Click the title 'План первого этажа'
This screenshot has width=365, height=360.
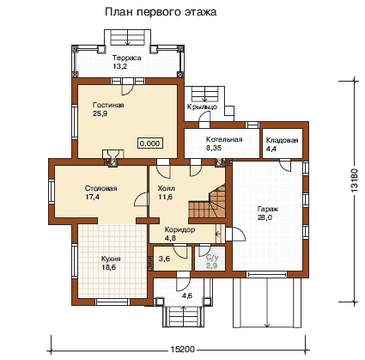tap(161, 12)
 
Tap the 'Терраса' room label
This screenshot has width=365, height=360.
tap(127, 58)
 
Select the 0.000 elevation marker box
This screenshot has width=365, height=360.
tap(150, 143)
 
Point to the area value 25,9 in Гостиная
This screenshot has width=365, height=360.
tap(100, 113)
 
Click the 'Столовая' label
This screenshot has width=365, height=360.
tap(100, 188)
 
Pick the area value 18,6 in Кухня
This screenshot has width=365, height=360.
tap(109, 267)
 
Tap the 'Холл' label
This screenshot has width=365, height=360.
tap(167, 188)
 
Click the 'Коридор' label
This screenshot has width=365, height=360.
tap(179, 229)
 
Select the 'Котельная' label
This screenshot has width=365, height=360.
tap(224, 139)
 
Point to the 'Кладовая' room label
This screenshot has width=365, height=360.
tap(282, 140)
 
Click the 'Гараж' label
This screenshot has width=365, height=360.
tap(267, 209)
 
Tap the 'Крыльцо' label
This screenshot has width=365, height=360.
tap(202, 107)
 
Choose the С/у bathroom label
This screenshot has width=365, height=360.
tap(212, 258)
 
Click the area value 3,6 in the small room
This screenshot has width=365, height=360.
tap(164, 259)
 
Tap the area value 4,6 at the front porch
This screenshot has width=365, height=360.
tap(187, 296)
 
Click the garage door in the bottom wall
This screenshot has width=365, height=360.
tap(267, 274)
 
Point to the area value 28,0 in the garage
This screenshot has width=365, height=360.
tap(265, 217)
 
